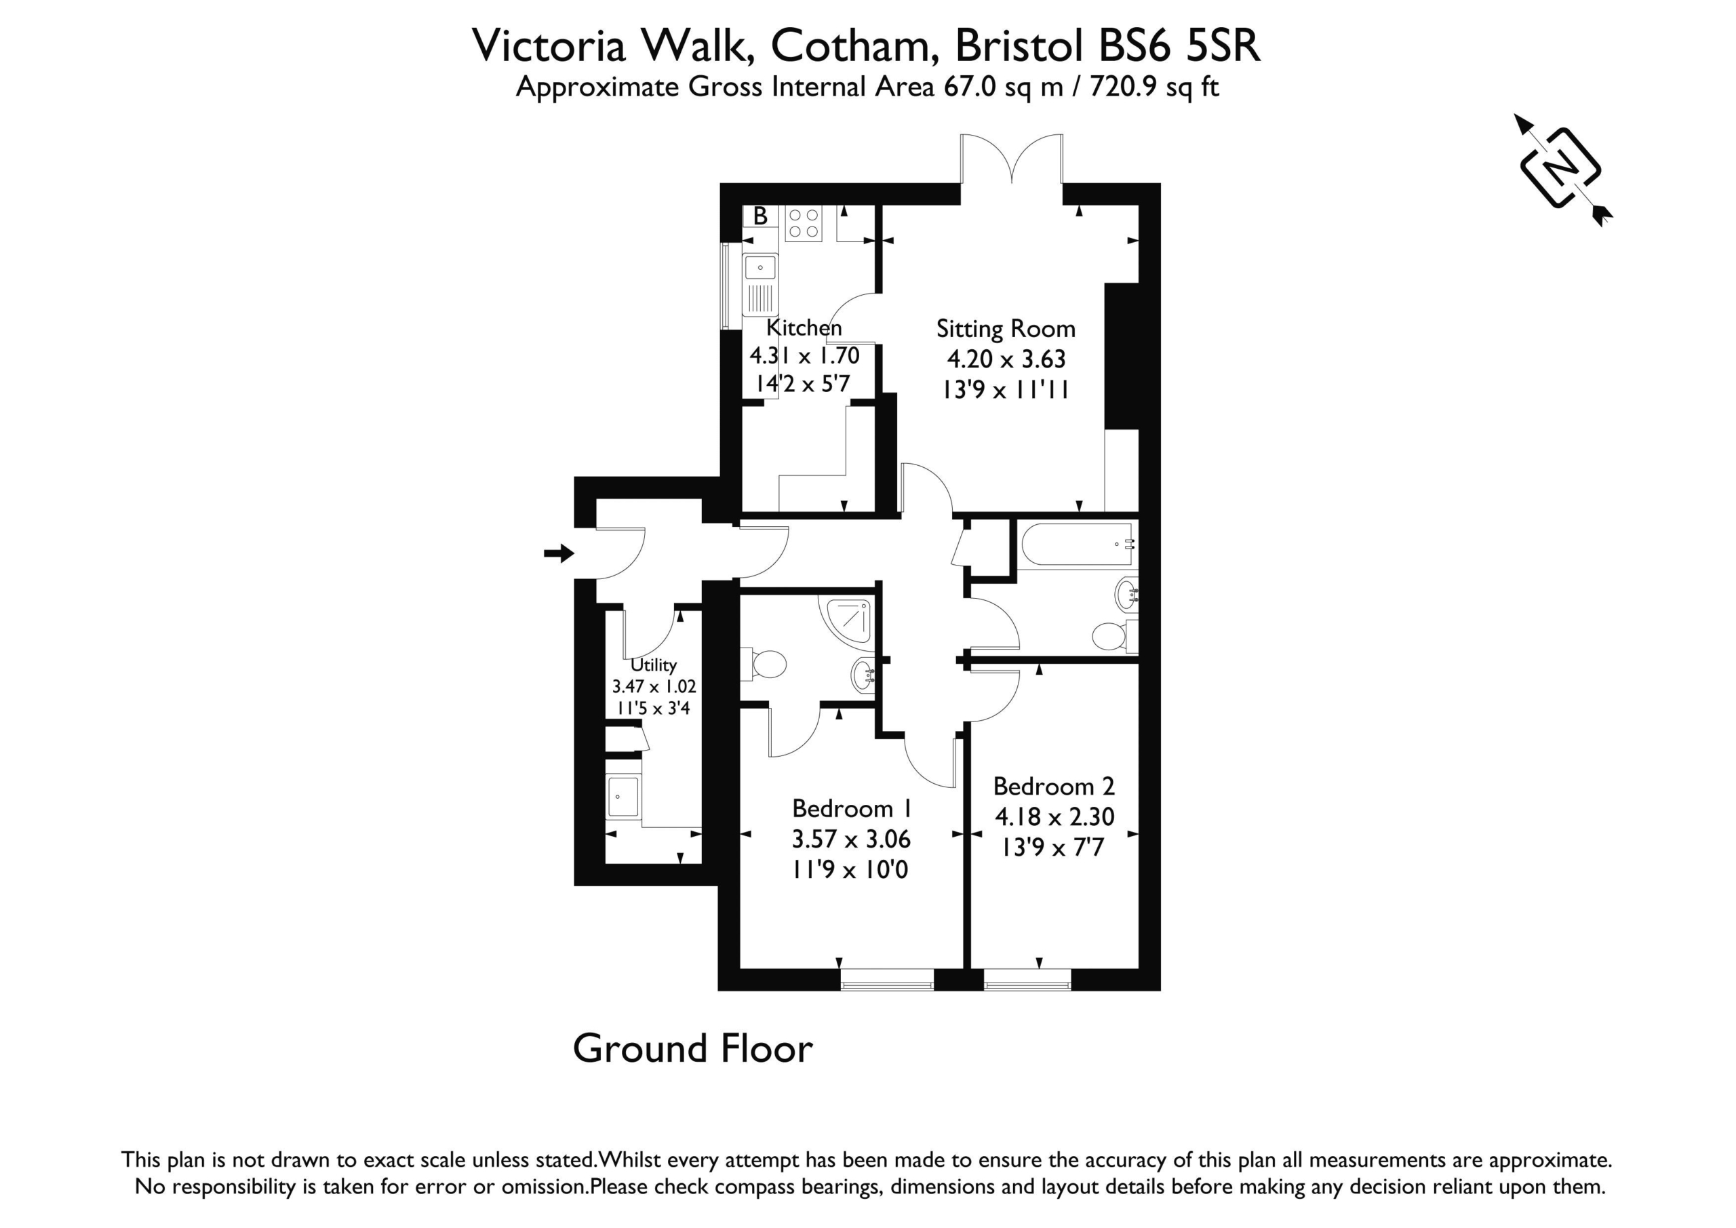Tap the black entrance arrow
[x=559, y=553]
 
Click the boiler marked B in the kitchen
[x=760, y=216]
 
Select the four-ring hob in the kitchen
[x=803, y=223]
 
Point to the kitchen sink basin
[x=760, y=268]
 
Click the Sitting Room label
[x=1006, y=328]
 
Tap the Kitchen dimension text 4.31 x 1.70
[x=804, y=355]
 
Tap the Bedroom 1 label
[x=852, y=808]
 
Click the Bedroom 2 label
[x=1054, y=787]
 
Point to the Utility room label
[x=653, y=665]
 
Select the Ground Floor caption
[x=692, y=1048]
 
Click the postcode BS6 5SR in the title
[x=1179, y=45]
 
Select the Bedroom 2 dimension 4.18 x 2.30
[x=1054, y=816]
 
